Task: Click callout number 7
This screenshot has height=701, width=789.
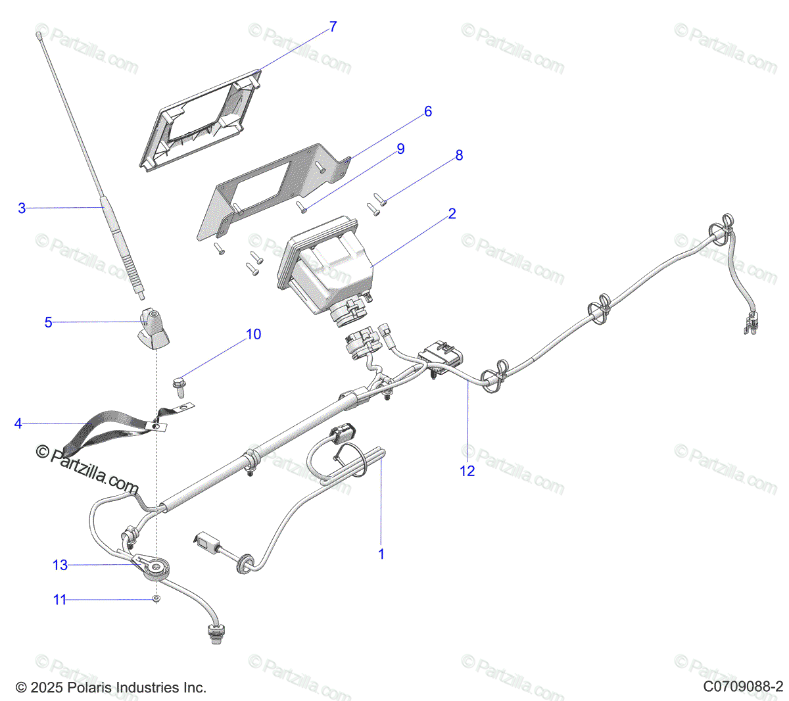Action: click(x=333, y=27)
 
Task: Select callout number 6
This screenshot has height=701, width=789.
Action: click(x=428, y=112)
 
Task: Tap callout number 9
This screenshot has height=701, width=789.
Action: click(x=400, y=149)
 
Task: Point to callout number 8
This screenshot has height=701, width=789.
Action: click(x=459, y=155)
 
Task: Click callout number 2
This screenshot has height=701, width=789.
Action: click(x=452, y=214)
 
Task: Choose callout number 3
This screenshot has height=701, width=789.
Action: click(x=22, y=208)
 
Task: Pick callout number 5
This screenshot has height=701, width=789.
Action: click(x=48, y=323)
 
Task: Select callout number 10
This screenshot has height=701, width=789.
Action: click(x=253, y=335)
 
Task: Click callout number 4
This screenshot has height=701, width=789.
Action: click(x=18, y=423)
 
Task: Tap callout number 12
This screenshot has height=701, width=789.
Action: click(x=467, y=471)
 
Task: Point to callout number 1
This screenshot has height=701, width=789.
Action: click(x=381, y=554)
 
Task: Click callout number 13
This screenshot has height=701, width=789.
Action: click(x=60, y=565)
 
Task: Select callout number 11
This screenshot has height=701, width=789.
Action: click(x=60, y=600)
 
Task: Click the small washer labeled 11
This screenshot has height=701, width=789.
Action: click(x=156, y=599)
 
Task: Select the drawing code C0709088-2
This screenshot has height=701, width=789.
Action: click(x=743, y=687)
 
